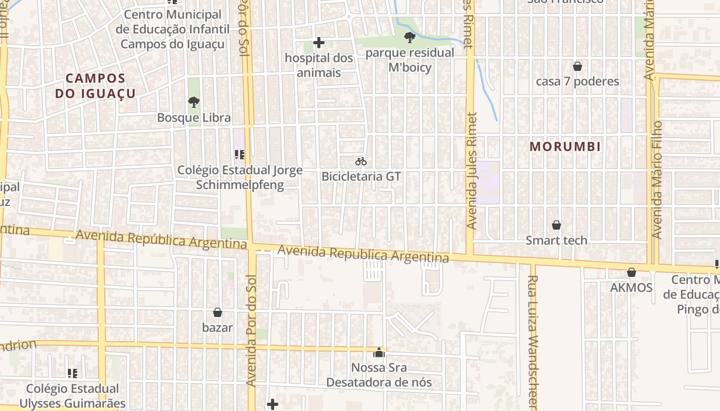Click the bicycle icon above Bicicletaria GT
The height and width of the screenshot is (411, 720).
point(361,161)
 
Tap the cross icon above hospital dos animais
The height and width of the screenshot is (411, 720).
point(319,43)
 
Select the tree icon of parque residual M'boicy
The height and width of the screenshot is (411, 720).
point(410,37)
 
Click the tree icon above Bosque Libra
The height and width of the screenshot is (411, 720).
point(194,102)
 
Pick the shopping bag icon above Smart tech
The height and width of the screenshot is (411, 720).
point(556,225)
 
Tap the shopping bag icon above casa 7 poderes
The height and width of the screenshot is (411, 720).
point(577,66)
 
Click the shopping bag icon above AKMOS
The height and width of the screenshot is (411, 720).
point(631,272)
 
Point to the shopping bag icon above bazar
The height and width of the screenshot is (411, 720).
point(218,312)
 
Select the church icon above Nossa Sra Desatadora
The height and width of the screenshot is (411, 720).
point(379,352)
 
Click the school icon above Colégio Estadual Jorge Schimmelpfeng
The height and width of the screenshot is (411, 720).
point(239,154)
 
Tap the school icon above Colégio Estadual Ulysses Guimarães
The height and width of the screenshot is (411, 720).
point(73,373)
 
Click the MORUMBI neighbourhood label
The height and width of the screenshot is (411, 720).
point(565,146)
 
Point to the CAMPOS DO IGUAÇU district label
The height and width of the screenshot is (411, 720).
point(96,86)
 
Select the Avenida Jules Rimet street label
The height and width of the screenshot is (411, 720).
point(472,171)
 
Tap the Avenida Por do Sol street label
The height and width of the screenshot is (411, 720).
point(251,334)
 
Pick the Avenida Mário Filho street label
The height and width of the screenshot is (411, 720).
point(657,180)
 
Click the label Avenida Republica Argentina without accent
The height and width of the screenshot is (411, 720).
point(363,254)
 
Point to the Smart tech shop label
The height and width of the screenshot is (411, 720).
point(556,240)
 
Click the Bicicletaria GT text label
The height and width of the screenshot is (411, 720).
point(361,176)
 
